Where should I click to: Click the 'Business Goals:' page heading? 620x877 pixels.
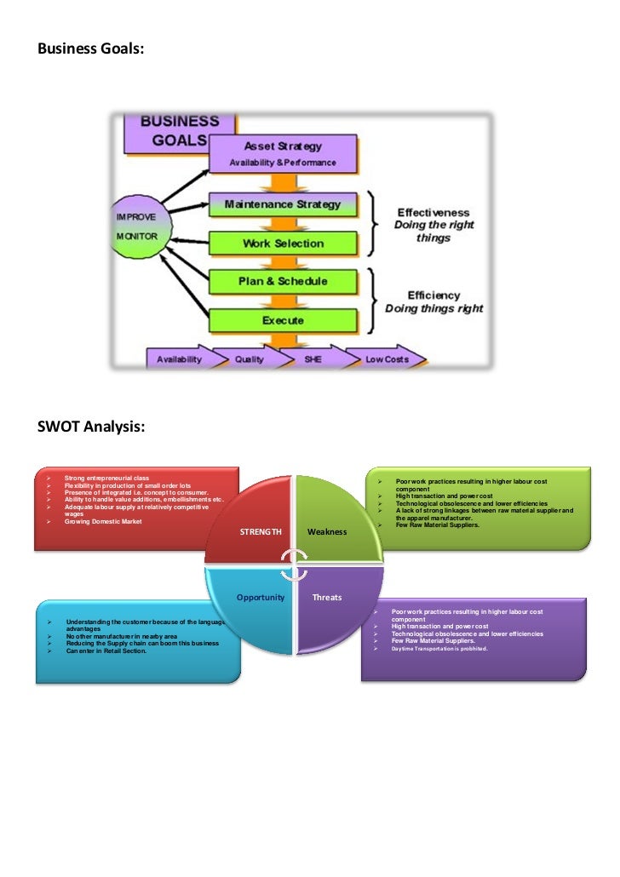(x=90, y=49)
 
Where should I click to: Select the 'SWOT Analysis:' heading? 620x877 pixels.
(x=91, y=426)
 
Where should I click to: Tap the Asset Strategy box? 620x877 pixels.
(x=283, y=153)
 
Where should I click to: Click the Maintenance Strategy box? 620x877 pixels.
(x=283, y=205)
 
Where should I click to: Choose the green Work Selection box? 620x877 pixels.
(x=283, y=244)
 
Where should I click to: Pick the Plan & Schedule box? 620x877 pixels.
(x=283, y=281)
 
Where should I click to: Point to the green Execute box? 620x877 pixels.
(x=283, y=321)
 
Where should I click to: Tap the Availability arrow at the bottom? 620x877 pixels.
(x=180, y=359)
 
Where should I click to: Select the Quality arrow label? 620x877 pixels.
(x=250, y=359)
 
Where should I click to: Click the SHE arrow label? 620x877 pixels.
(x=313, y=359)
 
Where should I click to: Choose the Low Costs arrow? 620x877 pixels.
(x=387, y=359)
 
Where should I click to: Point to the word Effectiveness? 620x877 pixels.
(x=433, y=212)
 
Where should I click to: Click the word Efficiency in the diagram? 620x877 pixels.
(x=433, y=295)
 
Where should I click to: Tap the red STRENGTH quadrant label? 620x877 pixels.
(x=261, y=531)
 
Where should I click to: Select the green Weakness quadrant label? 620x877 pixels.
(x=327, y=531)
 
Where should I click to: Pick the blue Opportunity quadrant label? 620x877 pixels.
(x=261, y=597)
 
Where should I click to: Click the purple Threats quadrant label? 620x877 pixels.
(x=327, y=597)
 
